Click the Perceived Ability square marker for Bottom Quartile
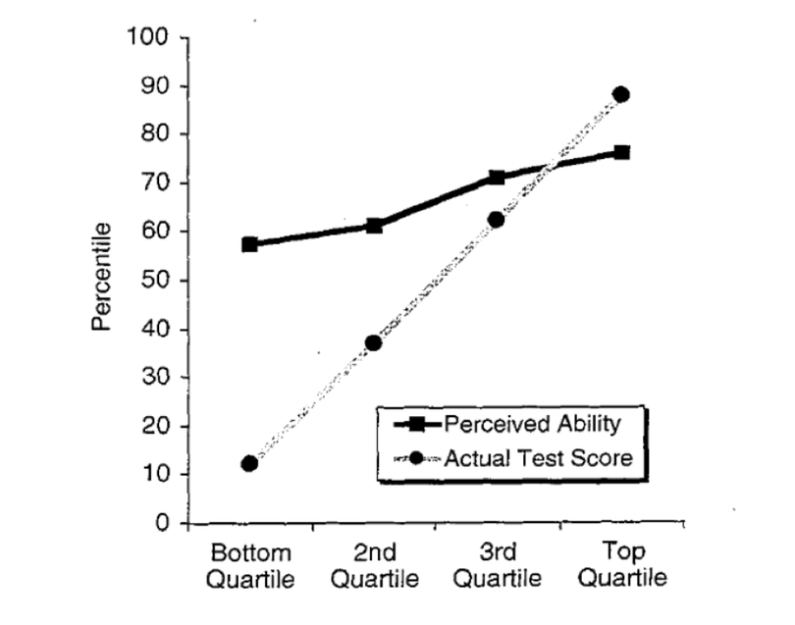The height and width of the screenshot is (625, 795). (250, 244)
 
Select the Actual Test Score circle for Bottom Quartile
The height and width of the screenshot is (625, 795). (249, 463)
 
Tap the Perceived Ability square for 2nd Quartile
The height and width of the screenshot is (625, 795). (374, 226)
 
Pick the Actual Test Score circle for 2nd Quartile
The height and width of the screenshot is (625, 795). (373, 343)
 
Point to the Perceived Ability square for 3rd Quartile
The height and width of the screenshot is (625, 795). (497, 178)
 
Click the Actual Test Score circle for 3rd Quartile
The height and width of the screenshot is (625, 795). (497, 220)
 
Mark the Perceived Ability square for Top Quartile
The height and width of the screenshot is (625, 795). (621, 153)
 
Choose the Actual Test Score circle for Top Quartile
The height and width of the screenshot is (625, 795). (620, 95)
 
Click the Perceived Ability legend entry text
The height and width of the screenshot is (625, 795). (531, 425)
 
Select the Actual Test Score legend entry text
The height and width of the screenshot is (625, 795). (538, 456)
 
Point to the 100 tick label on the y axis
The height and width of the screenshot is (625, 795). (149, 38)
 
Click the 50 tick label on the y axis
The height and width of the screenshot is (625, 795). (155, 280)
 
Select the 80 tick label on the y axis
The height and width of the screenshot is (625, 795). (155, 134)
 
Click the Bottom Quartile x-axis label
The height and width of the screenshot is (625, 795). (249, 564)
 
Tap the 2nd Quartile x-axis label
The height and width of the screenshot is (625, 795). (374, 564)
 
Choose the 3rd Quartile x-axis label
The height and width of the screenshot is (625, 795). (498, 564)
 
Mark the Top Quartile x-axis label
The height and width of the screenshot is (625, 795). (621, 564)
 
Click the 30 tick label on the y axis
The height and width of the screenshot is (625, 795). (155, 378)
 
